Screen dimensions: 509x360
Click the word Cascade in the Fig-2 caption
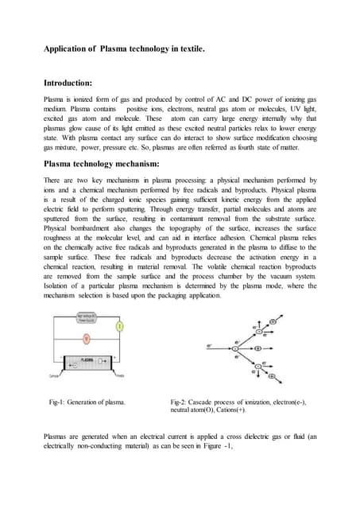(202, 403)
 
